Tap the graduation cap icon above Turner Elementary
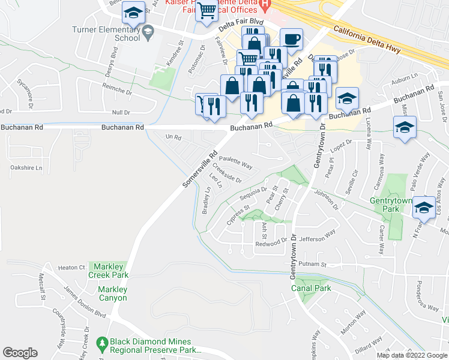[x=133, y=13]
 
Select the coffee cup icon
[x=291, y=40]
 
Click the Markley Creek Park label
[x=109, y=271]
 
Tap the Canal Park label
[x=311, y=289]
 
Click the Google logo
[x=20, y=353]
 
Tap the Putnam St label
[x=314, y=264]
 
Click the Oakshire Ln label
[x=27, y=168]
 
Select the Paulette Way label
[x=235, y=162]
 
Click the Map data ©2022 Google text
[x=411, y=355]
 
